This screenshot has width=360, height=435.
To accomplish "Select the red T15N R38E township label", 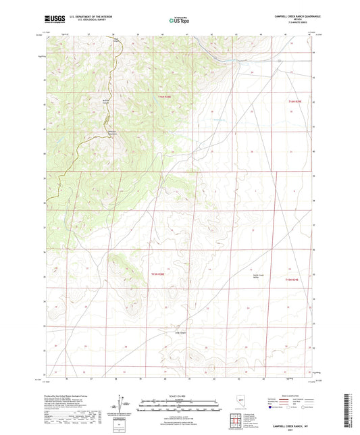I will [x=157, y=271].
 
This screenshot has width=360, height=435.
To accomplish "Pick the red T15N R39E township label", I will [x=291, y=279].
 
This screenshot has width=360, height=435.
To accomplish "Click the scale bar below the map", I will [x=179, y=402].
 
